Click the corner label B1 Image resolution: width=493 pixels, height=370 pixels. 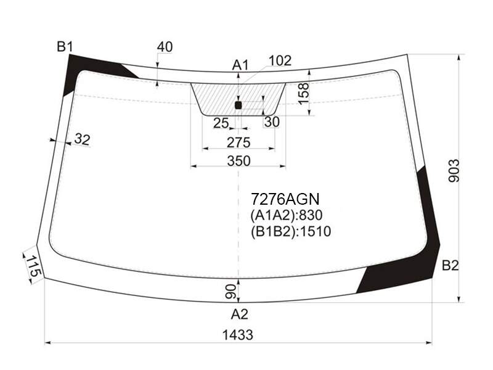tap(65, 47)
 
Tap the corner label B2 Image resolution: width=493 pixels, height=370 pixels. tap(450, 266)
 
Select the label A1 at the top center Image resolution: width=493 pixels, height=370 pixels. tap(240, 65)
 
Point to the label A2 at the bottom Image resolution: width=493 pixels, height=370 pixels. tap(240, 314)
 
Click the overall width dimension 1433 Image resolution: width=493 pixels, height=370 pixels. tap(238, 335)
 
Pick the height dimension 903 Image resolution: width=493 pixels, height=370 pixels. tap(454, 171)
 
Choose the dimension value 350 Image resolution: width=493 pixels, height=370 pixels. tap(239, 161)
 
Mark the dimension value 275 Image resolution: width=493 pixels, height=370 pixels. tap(238, 143)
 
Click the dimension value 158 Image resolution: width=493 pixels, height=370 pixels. tap(304, 94)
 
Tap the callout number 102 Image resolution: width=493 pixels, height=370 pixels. tap(280, 60)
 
